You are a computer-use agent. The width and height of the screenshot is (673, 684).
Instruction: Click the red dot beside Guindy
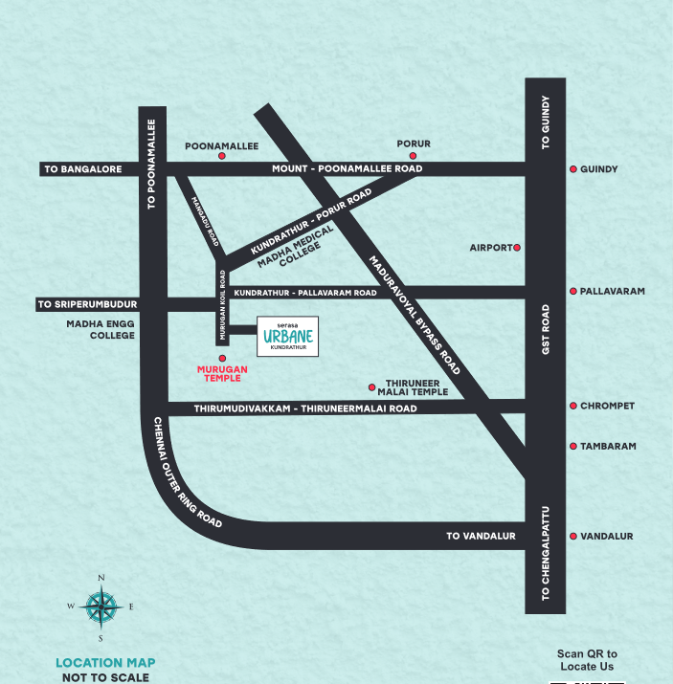pos(572,169)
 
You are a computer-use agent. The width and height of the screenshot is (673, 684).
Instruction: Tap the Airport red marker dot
pos(517,248)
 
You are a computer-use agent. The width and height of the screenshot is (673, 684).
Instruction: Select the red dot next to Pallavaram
pos(572,291)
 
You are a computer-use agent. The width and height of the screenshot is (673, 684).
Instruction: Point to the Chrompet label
pos(607,406)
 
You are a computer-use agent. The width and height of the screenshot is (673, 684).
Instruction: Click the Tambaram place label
pos(608,446)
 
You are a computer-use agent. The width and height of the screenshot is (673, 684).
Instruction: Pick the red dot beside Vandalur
pos(572,537)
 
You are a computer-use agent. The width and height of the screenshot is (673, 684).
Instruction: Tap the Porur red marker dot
pos(413,155)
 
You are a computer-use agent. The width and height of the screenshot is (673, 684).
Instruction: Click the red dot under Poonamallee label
pos(222,156)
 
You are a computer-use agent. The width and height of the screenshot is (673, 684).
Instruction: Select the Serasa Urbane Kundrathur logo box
pos(286,336)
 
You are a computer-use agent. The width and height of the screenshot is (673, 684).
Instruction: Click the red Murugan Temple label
pos(222,373)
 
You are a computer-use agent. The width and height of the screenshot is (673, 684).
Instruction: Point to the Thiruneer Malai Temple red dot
pos(371,387)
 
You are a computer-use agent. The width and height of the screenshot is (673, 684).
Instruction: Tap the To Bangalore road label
pos(83,169)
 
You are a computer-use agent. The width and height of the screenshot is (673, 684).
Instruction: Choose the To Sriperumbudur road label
pos(87,304)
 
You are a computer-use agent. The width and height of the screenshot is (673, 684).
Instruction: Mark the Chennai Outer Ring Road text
pos(188,474)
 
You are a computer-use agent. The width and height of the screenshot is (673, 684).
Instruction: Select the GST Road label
pos(546,330)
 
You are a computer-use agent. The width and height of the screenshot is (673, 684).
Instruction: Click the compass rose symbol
pos(101,607)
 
